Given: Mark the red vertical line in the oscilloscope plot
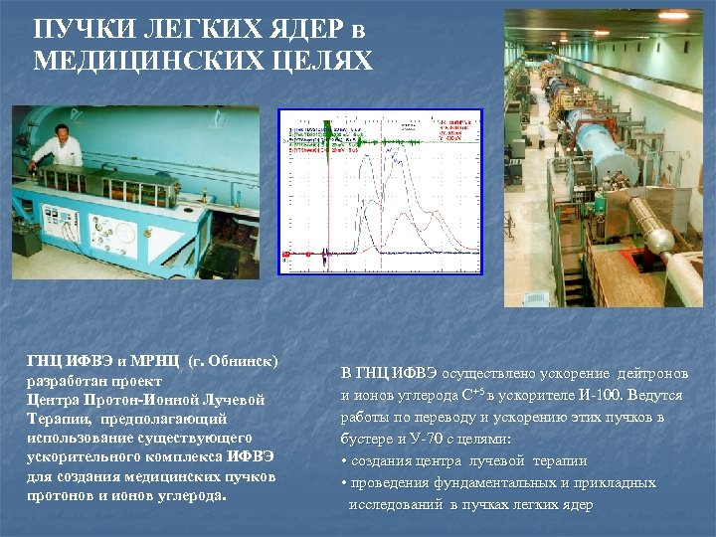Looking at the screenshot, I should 326,189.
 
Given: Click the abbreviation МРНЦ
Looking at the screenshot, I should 147,359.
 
